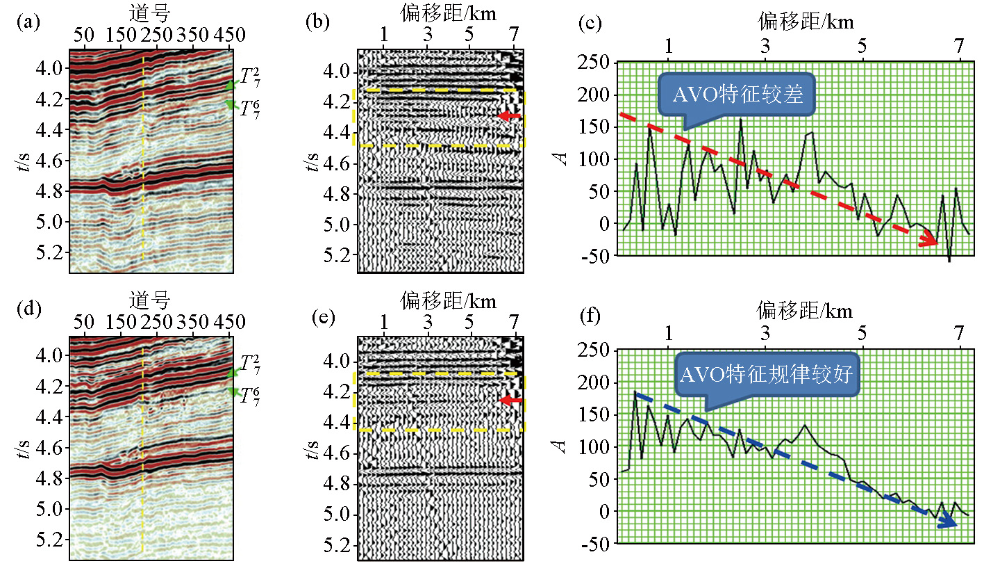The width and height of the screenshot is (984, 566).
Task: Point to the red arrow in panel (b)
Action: pyautogui.click(x=509, y=116)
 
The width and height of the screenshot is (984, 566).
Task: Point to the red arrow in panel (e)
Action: pyautogui.click(x=511, y=401)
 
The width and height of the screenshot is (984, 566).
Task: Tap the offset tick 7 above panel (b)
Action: pyautogui.click(x=514, y=35)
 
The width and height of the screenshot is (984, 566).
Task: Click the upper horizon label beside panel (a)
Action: pyautogui.click(x=249, y=78)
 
